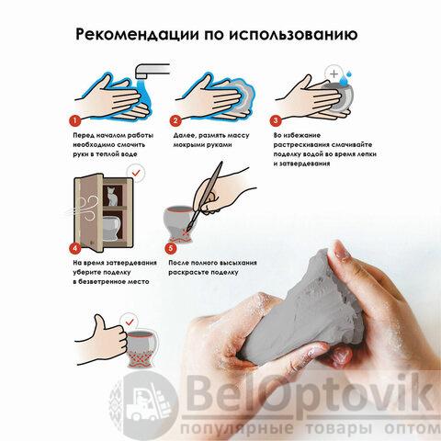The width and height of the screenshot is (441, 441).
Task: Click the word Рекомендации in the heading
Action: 137,34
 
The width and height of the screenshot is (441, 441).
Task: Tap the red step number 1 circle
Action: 75,120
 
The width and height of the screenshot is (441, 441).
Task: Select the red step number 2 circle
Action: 175,120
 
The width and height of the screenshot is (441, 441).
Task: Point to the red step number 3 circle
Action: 276,120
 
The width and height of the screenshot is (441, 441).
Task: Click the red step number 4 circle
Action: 75,248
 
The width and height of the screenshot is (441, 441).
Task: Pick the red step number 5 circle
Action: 171,248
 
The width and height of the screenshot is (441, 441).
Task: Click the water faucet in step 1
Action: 153,71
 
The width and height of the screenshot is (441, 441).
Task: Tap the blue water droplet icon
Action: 347,79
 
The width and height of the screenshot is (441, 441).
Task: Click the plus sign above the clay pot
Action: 334,73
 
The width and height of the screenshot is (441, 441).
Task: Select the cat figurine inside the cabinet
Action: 112,196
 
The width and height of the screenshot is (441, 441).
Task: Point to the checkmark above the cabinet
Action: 136,174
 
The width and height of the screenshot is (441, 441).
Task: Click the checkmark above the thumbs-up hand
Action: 130,322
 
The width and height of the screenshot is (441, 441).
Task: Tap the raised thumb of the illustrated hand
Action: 99,324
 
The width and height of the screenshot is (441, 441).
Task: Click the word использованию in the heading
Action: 293,35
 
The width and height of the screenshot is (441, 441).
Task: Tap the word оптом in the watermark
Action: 412,428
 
